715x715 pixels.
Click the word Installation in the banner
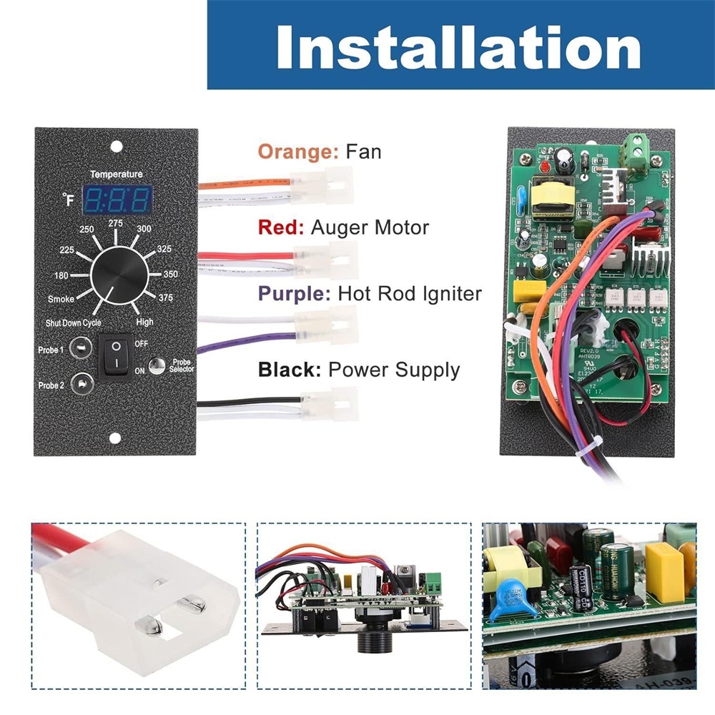coord(458,46)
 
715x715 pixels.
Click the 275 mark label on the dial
coord(116,224)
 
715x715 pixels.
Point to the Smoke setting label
coord(61,299)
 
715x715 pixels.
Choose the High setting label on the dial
coord(145,322)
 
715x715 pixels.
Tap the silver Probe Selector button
coord(157,363)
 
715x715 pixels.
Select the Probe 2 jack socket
coord(82,383)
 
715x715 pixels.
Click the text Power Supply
coord(394,370)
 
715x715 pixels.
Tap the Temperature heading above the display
coord(116,174)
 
